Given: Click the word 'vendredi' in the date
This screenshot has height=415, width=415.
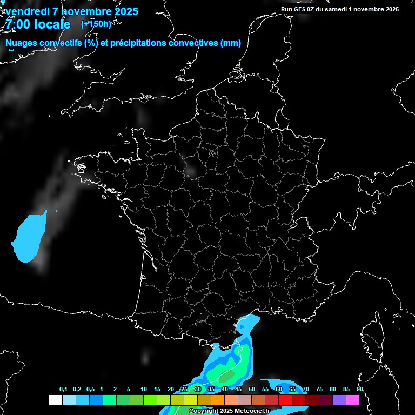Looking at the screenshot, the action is [26, 11].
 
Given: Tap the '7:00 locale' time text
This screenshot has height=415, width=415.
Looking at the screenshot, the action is [37, 24].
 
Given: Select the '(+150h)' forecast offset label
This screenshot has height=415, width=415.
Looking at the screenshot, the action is [96, 24].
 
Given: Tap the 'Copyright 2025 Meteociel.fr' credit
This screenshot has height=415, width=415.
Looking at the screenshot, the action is [229, 411].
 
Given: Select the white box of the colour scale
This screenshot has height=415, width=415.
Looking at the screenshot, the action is [55, 400].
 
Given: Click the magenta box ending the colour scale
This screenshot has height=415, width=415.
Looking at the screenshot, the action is [353, 400].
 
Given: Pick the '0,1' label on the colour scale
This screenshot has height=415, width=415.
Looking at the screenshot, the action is [63, 390].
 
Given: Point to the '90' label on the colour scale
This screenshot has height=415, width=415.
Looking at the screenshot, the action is [359, 390].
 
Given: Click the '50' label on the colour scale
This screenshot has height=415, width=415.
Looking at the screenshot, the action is [252, 390].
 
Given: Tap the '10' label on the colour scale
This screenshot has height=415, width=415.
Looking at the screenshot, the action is [144, 390].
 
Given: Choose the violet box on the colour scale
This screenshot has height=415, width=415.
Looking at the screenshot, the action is [339, 400].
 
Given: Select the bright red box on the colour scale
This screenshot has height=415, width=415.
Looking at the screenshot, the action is [285, 400].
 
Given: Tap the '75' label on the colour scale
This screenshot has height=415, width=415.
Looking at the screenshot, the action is [319, 390].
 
